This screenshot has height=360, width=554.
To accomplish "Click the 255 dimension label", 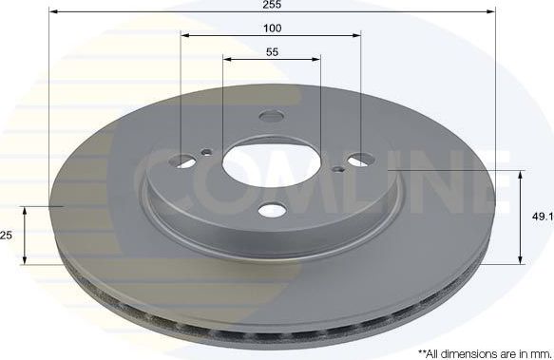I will coord(273,5).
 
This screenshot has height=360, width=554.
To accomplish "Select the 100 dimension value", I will coord(272,28).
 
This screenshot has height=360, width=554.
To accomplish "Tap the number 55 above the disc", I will coord(272,51).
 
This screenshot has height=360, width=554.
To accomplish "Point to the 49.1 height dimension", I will coord(542,218).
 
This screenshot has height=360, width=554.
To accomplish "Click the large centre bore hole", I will coord(272,163).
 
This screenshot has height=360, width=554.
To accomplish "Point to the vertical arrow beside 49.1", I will coord(520,218).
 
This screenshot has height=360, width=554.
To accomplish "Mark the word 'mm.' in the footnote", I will coord(539,351).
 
